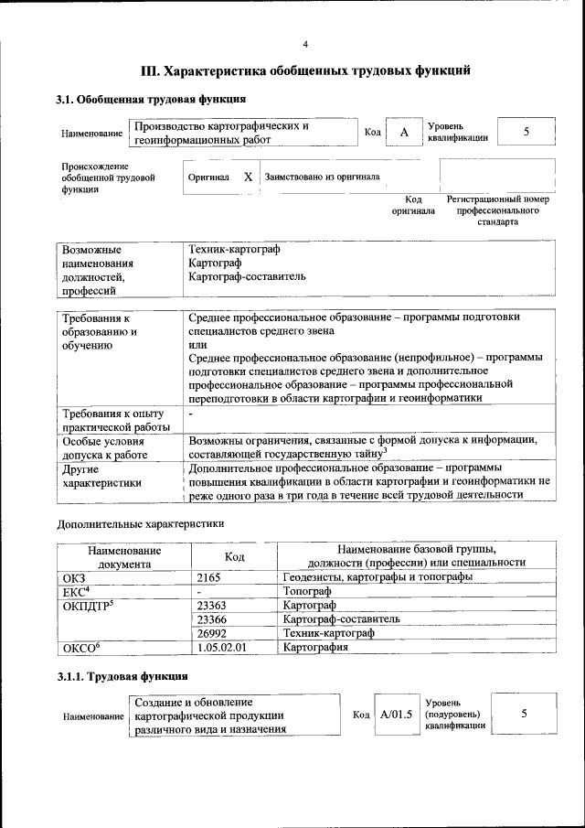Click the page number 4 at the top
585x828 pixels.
[306, 43]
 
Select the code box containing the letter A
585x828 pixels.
[403, 133]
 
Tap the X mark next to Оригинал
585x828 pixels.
[248, 177]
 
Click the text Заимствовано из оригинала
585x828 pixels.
[322, 177]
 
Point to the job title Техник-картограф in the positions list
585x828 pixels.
[234, 249]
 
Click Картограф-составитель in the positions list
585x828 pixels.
[241, 276]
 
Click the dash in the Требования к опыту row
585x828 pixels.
[191, 414]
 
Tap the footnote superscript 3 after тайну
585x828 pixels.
[386, 448]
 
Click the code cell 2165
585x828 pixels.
[211, 577]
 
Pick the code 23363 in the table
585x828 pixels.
[212, 605]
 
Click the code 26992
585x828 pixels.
[212, 633]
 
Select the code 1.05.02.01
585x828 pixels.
[222, 647]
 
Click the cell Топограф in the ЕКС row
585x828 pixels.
[307, 591]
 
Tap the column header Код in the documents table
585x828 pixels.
[234, 556]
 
